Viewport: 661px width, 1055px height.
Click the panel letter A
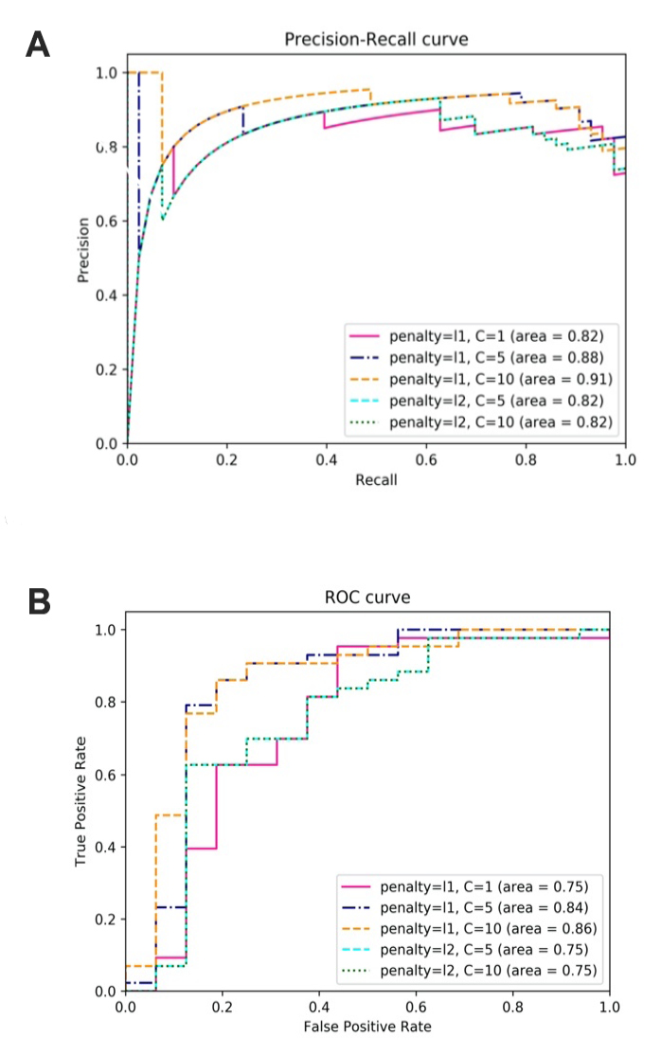tap(37, 45)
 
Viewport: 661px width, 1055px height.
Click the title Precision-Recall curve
tap(376, 40)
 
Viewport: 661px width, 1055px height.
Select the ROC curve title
tap(367, 599)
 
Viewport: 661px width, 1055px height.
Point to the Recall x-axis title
tap(376, 479)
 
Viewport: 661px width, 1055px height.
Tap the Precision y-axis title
tap(84, 249)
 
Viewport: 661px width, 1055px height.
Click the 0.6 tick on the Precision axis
tap(108, 221)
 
